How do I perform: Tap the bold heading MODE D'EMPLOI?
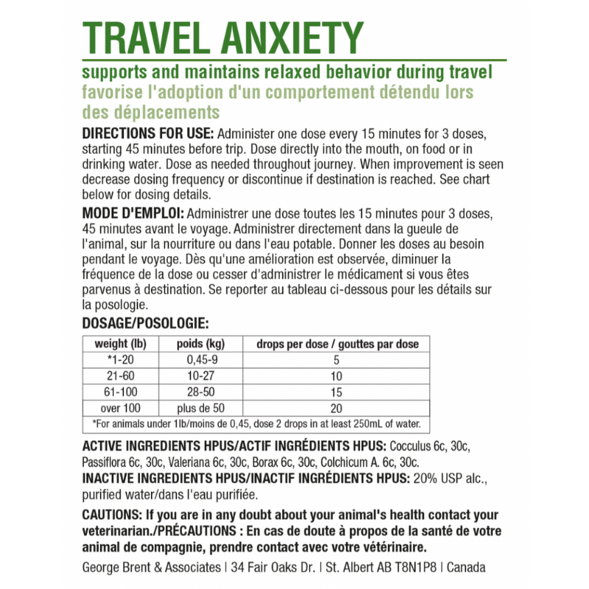click(x=134, y=214)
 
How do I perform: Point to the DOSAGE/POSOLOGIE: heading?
click(x=146, y=322)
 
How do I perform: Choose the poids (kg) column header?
click(x=200, y=345)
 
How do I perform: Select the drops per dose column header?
click(x=337, y=345)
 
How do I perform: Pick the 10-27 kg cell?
click(x=200, y=376)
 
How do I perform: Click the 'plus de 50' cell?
click(x=200, y=407)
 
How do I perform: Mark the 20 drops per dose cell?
click(x=337, y=407)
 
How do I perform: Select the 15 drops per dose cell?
click(x=337, y=392)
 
